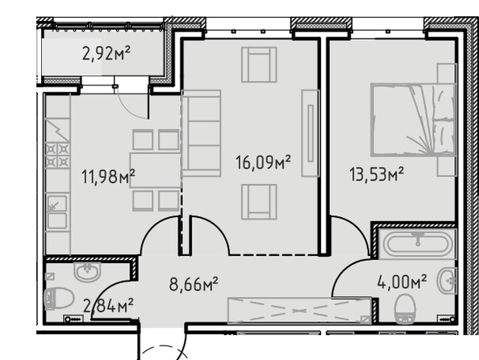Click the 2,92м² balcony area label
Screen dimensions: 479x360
(x=106, y=53)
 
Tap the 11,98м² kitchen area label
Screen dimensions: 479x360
(x=108, y=177)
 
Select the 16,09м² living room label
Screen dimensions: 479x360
(x=263, y=162)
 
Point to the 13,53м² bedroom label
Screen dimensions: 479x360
(x=377, y=174)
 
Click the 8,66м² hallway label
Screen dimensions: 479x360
(x=194, y=284)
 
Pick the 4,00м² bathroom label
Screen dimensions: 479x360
(x=402, y=282)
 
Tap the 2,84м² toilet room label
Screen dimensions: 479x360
(x=108, y=306)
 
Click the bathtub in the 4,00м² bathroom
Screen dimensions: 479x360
(x=417, y=244)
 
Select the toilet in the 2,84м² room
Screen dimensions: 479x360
(x=59, y=299)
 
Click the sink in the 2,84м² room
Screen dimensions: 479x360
(x=87, y=271)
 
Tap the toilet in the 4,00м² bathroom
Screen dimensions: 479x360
(x=405, y=309)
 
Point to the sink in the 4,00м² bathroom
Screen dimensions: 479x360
(x=447, y=280)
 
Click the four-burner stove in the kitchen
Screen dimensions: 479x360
(x=57, y=155)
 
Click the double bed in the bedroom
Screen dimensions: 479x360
(x=414, y=120)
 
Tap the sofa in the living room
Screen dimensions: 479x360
(x=202, y=133)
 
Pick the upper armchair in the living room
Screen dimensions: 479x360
(x=259, y=65)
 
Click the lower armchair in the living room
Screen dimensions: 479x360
(x=259, y=202)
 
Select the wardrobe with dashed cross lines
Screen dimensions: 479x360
(x=300, y=310)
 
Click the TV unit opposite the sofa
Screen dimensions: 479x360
(x=310, y=133)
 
